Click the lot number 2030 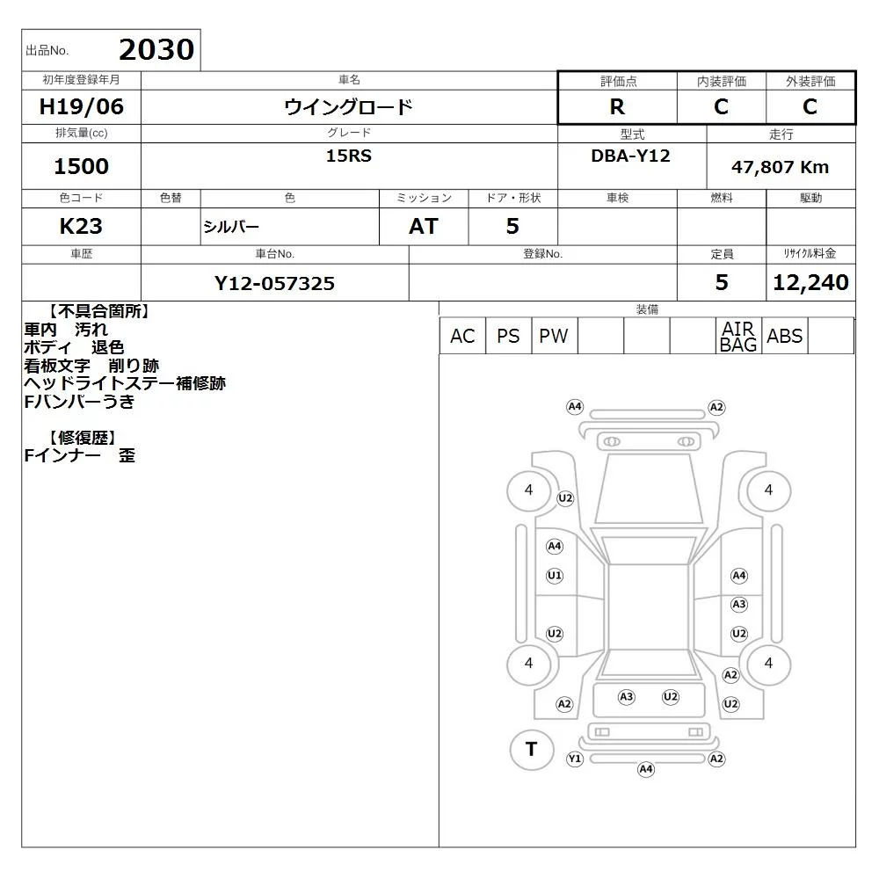point(156,49)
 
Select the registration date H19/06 point(81,106)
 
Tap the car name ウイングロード point(349,106)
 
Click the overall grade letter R point(617,106)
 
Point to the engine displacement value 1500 point(81,166)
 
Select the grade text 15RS point(349,156)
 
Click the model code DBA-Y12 point(630,156)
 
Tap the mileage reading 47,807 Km point(780,167)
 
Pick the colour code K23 point(81,227)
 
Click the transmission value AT point(424,227)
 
